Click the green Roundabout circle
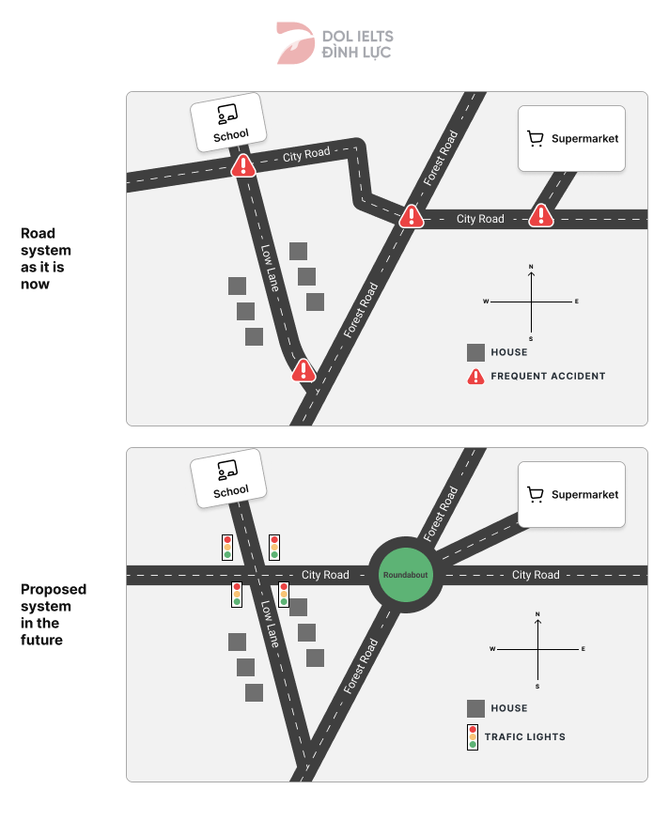pyautogui.click(x=405, y=574)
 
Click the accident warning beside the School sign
pyautogui.click(x=244, y=167)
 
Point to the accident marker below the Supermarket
pyautogui.click(x=540, y=217)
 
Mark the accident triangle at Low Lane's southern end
pyautogui.click(x=303, y=370)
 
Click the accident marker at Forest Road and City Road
pyautogui.click(x=411, y=218)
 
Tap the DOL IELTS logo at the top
pyautogui.click(x=334, y=44)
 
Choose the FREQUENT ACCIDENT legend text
pyautogui.click(x=548, y=376)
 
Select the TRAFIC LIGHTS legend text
pyautogui.click(x=524, y=736)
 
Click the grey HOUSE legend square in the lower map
pyautogui.click(x=475, y=708)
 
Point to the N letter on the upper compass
pyautogui.click(x=531, y=268)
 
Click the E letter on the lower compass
pyautogui.click(x=583, y=649)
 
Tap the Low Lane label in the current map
pyautogui.click(x=270, y=268)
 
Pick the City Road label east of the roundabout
pyautogui.click(x=535, y=575)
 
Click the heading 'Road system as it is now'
pyautogui.click(x=46, y=258)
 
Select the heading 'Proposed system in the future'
pyautogui.click(x=54, y=614)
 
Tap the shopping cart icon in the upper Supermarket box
pyautogui.click(x=537, y=139)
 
